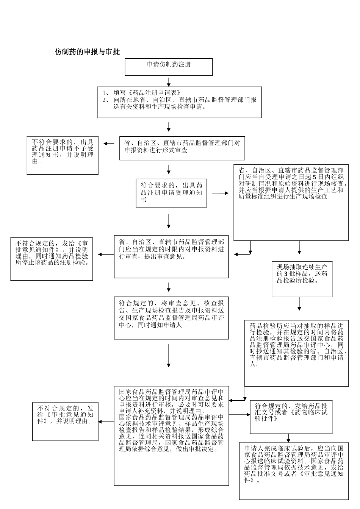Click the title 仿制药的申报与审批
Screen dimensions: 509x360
(x=88, y=52)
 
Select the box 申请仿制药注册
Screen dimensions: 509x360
(x=169, y=67)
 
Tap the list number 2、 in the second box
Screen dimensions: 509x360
(x=106, y=100)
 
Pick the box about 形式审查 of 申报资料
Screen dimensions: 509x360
(x=182, y=148)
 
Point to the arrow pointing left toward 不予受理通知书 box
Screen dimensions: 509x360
(x=109, y=144)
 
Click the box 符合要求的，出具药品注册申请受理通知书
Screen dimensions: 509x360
(x=171, y=193)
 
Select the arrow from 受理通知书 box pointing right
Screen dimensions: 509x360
(x=220, y=193)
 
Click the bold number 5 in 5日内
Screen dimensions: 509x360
(x=314, y=177)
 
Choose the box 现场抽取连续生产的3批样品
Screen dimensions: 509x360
(x=302, y=279)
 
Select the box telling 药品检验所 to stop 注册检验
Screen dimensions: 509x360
(x=52, y=259)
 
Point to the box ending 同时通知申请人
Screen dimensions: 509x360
(x=171, y=318)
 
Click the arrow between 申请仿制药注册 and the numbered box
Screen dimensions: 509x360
(x=169, y=82)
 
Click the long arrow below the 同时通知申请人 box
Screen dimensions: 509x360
(x=169, y=356)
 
